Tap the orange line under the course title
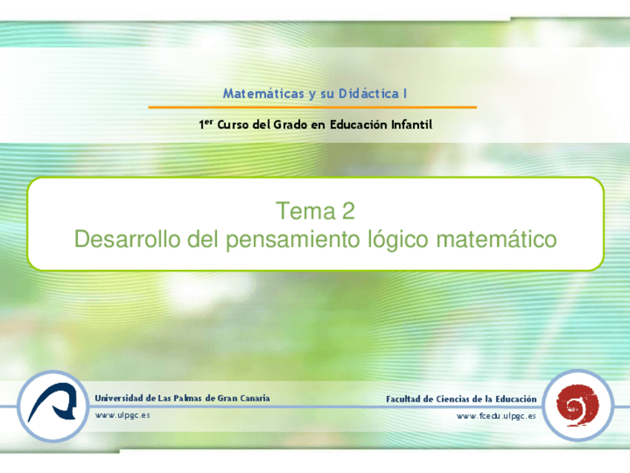(x=312, y=108)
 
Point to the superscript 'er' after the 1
(x=210, y=122)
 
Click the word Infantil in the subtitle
(x=412, y=125)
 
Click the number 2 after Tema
(x=347, y=212)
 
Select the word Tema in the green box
(x=305, y=212)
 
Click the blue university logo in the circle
(x=51, y=406)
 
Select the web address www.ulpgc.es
(x=123, y=415)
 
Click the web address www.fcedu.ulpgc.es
(x=496, y=416)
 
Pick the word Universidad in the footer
(x=120, y=398)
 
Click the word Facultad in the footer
(x=406, y=399)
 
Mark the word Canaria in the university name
(x=253, y=398)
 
